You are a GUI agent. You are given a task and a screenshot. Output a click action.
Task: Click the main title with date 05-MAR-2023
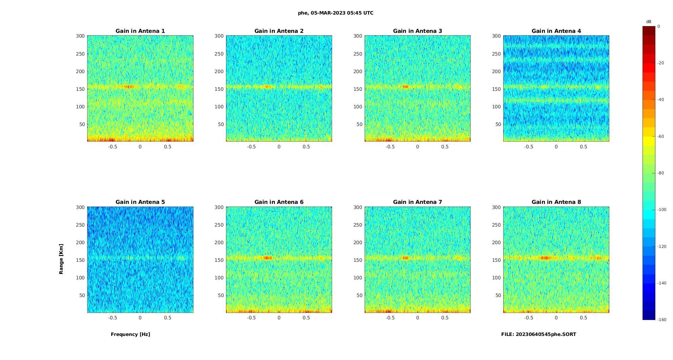point(335,13)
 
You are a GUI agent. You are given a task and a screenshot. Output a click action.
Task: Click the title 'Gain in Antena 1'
point(140,31)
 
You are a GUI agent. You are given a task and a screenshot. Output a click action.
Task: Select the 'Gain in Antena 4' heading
point(556,31)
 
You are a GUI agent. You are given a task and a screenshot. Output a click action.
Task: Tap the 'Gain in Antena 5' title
point(140,202)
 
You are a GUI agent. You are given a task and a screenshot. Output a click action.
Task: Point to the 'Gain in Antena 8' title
point(556,202)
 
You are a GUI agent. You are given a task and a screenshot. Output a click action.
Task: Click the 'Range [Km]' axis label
point(61,259)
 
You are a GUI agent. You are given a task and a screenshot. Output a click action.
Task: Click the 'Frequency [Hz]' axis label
point(130,334)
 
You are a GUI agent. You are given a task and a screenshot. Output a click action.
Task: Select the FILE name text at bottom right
point(538,334)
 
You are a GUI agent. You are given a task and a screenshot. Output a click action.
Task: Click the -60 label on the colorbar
point(661,136)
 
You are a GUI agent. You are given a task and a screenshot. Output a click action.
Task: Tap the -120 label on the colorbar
point(662,247)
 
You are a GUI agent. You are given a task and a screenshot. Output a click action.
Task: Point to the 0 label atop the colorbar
point(659,26)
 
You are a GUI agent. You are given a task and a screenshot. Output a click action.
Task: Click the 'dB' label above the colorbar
point(649,22)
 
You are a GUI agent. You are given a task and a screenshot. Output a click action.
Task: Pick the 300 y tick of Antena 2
point(219,36)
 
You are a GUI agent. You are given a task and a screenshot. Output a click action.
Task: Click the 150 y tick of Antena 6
point(219,260)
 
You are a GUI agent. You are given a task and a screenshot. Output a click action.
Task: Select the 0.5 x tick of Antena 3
point(445,147)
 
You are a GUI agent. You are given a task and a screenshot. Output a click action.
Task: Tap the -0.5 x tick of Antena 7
point(390,318)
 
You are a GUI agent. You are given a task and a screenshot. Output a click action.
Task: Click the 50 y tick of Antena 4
point(498,124)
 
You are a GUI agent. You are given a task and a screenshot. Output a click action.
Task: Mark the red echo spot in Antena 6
point(268,258)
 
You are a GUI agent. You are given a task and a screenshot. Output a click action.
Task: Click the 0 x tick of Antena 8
point(556,318)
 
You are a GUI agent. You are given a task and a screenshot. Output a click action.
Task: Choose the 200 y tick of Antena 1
point(80,71)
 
